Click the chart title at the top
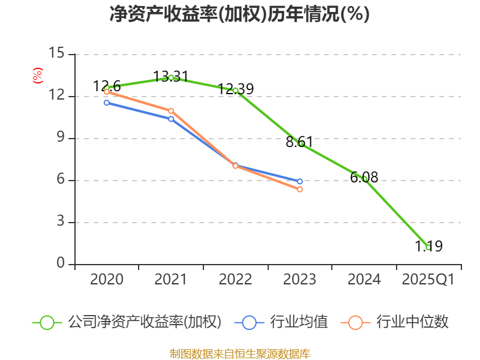coord(239,14)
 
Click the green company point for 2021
coord(171,77)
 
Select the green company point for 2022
coord(235,91)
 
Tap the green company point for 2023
coord(301,143)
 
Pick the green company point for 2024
coord(364,178)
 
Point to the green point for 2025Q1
coord(428,247)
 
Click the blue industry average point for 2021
coord(171,119)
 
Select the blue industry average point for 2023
coord(300,181)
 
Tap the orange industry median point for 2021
coord(171,111)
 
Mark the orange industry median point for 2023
coord(300,190)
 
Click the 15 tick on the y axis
coord(56,53)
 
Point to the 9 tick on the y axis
coord(61,138)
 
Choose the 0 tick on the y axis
coord(61,264)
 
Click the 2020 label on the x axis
coord(107,280)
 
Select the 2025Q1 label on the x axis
coord(428,280)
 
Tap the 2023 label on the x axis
coord(300,280)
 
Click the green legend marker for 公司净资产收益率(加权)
coord(47,322)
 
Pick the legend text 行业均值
coord(299,322)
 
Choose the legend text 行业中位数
coord(412,322)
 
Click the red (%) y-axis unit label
coord(38,76)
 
